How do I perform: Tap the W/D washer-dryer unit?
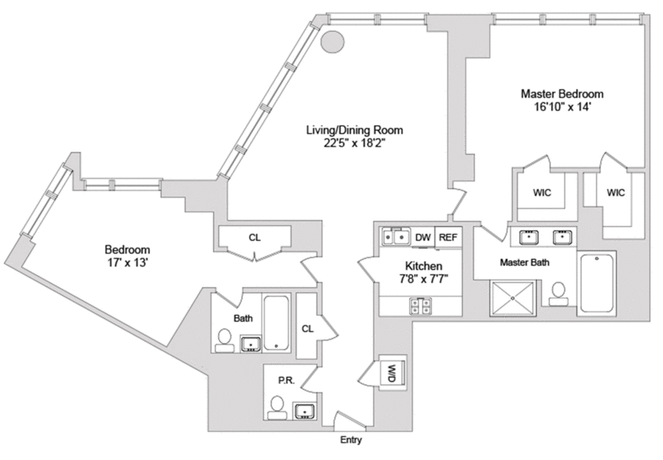click(x=391, y=373)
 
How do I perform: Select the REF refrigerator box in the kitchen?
click(x=448, y=238)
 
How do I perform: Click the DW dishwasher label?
click(x=422, y=238)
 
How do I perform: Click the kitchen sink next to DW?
click(x=395, y=238)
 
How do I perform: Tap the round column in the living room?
click(x=331, y=41)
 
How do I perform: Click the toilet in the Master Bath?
click(x=560, y=294)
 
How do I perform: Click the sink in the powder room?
click(x=305, y=411)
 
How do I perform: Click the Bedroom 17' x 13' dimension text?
click(x=126, y=263)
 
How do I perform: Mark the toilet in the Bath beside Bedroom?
click(x=225, y=340)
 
